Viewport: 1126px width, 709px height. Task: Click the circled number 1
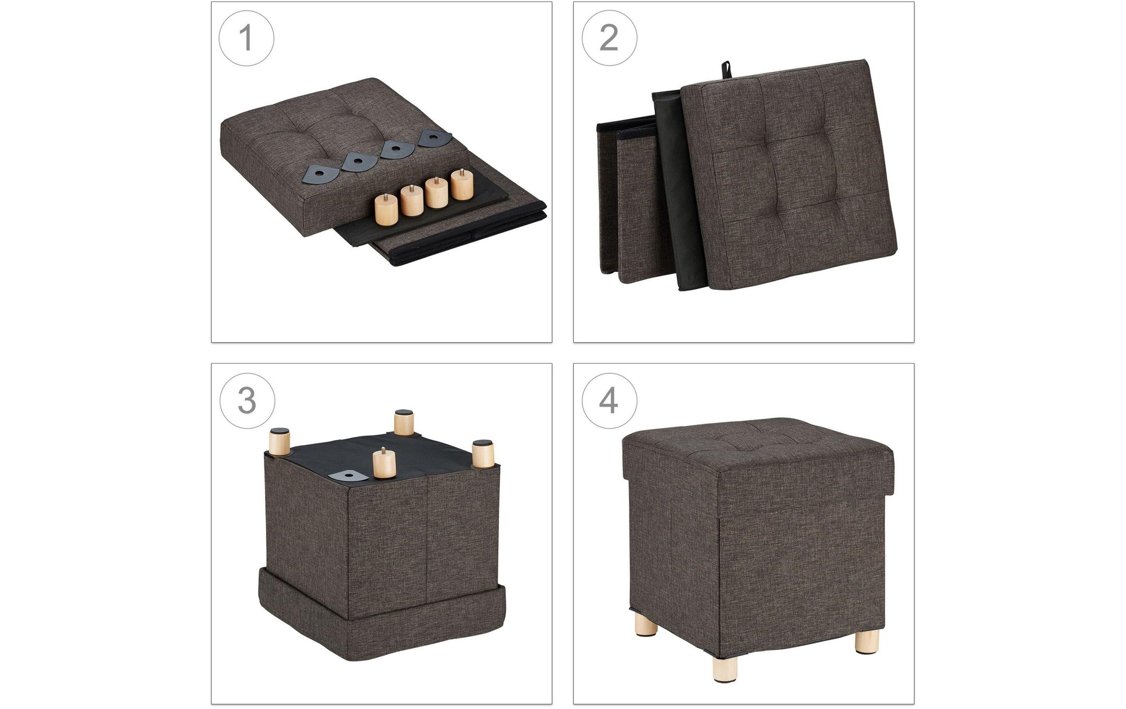click(246, 38)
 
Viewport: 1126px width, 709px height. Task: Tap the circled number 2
click(609, 38)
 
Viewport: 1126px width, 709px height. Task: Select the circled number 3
click(247, 401)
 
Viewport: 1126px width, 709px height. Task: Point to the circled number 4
click(609, 401)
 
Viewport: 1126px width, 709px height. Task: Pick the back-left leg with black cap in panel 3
click(279, 441)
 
